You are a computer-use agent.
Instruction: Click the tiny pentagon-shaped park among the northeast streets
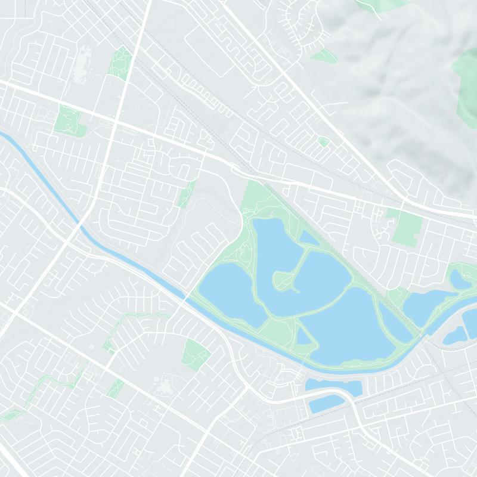(323, 141)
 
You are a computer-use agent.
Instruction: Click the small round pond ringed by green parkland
(460, 279)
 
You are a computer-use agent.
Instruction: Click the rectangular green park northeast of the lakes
(407, 228)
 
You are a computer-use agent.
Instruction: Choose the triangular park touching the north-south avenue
(120, 63)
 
